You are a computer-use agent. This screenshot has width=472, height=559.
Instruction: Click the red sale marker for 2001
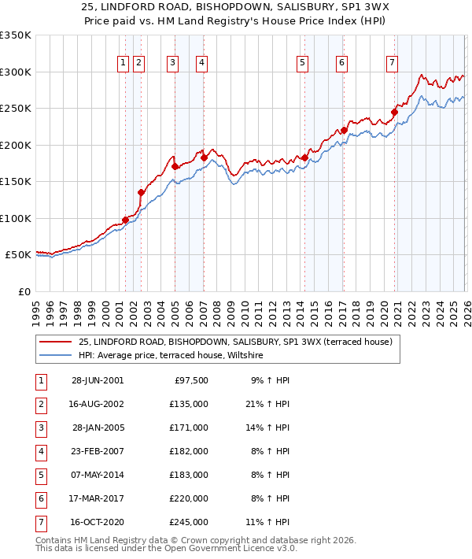(125, 220)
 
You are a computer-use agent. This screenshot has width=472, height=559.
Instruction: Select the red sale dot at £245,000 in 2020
(394, 112)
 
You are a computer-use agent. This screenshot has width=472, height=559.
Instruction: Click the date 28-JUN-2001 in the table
(97, 380)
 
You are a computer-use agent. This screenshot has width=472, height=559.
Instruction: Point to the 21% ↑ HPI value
(271, 404)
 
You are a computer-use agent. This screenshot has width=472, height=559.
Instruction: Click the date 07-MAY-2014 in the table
(97, 475)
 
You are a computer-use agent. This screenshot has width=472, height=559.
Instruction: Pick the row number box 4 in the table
(39, 451)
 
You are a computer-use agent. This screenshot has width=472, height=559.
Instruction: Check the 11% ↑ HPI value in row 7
(271, 522)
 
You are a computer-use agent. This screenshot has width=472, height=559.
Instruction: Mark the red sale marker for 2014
(304, 158)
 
